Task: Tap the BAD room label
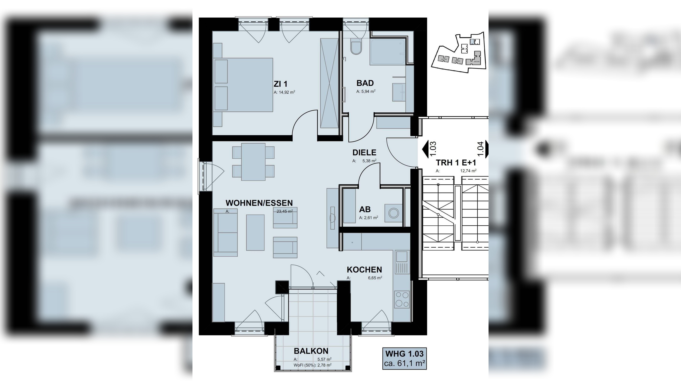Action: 365,83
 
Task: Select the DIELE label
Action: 364,152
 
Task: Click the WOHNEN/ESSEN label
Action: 259,203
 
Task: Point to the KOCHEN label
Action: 364,270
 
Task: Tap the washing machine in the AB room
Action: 393,213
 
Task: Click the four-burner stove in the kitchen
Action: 402,300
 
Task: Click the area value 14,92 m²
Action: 284,92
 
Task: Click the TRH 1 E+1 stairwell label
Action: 456,163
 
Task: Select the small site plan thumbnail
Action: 459,53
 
